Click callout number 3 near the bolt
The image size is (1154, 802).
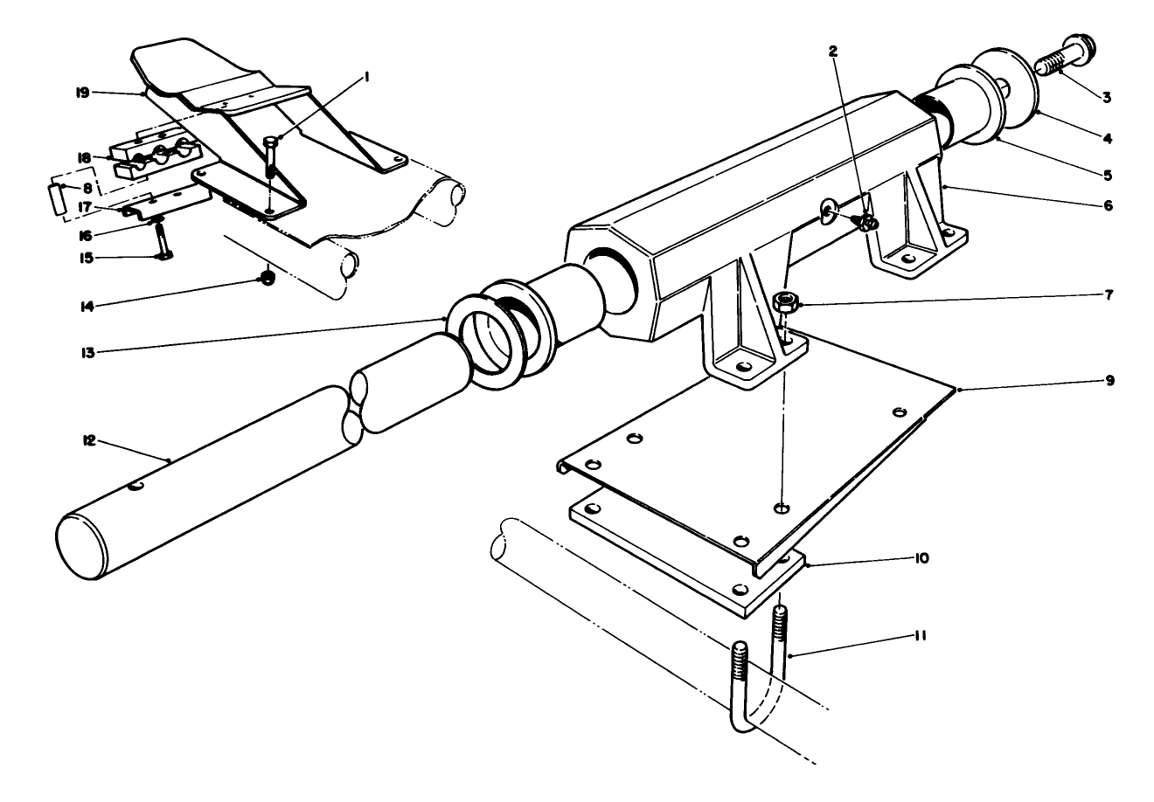[x=1106, y=97]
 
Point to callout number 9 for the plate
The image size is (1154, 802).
[x=1109, y=382]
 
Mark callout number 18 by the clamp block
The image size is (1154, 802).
[x=85, y=158]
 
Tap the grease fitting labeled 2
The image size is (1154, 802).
[x=867, y=222]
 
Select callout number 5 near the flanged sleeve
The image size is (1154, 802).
[x=1106, y=175]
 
